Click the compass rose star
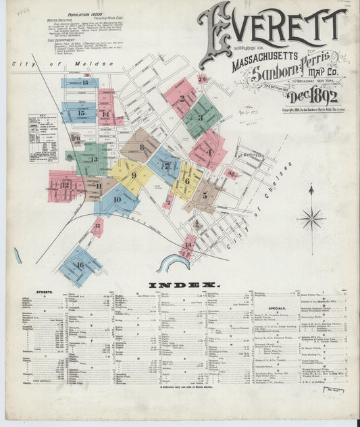coord(311,218)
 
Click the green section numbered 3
coord(200,117)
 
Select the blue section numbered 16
coord(80,266)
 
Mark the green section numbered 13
coord(95,159)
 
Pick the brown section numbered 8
coord(141,145)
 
